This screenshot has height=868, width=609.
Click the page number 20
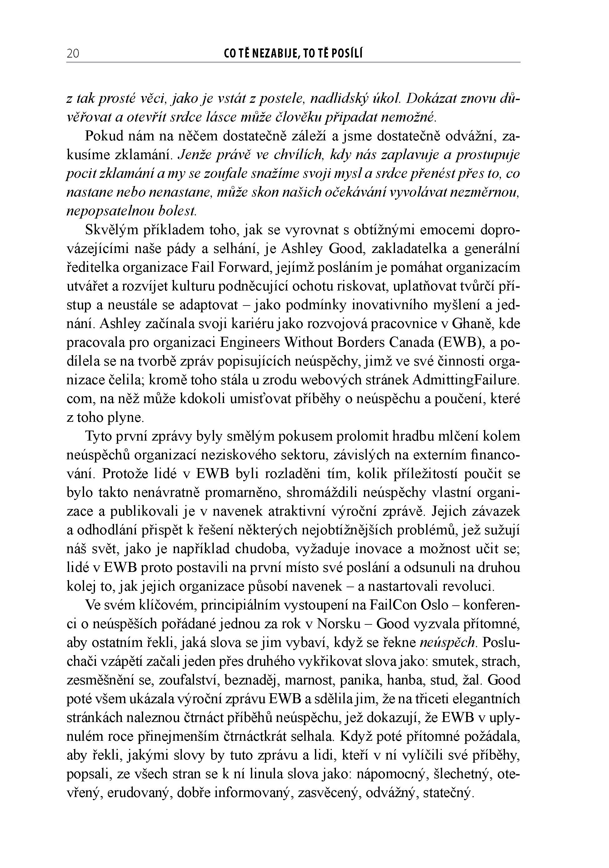coord(73,54)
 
